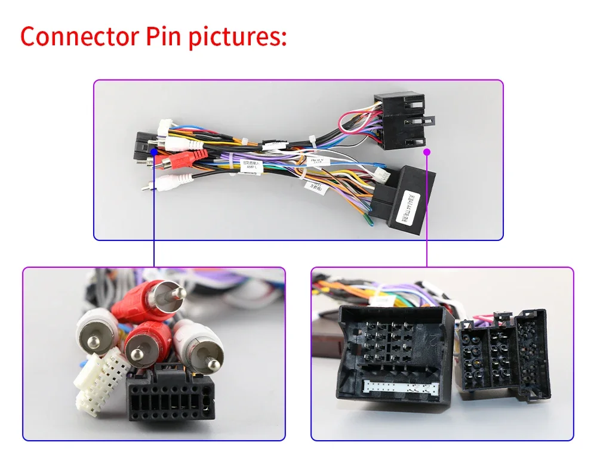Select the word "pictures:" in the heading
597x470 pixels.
coord(239,37)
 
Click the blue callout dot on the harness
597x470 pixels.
coord(154,151)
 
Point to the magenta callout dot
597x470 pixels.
coord(427,152)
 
